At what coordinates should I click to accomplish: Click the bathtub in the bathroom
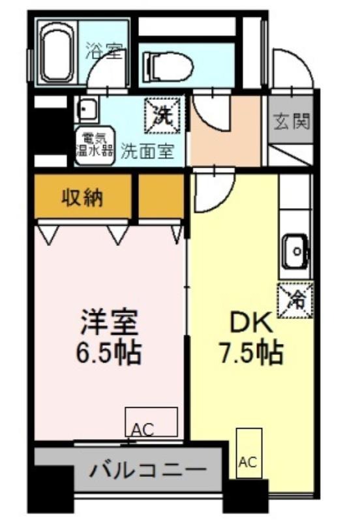click(57, 54)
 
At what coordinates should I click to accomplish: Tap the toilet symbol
click(168, 67)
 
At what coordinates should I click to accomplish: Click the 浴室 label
click(104, 51)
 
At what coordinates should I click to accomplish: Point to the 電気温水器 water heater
click(95, 146)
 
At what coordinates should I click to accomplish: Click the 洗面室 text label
click(147, 151)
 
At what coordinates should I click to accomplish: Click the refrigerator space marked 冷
click(295, 300)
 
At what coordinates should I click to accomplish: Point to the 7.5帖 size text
click(250, 352)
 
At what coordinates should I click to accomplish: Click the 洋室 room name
click(109, 322)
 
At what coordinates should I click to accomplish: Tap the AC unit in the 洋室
click(151, 422)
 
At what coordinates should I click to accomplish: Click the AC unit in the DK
click(249, 453)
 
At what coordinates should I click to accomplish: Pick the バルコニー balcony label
click(148, 470)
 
